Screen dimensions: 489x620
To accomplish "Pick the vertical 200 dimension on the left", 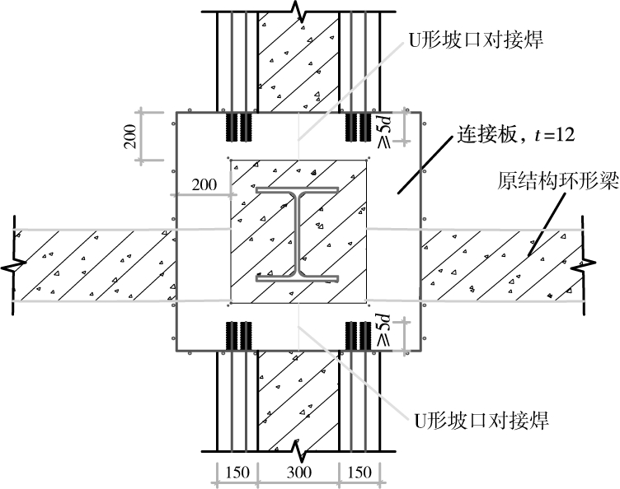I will coord(131,133).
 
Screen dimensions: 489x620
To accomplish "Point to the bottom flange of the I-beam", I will coord(298,278).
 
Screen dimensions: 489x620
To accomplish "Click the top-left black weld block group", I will coord(239,126).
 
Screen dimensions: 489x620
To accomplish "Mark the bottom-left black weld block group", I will coord(239,334).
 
